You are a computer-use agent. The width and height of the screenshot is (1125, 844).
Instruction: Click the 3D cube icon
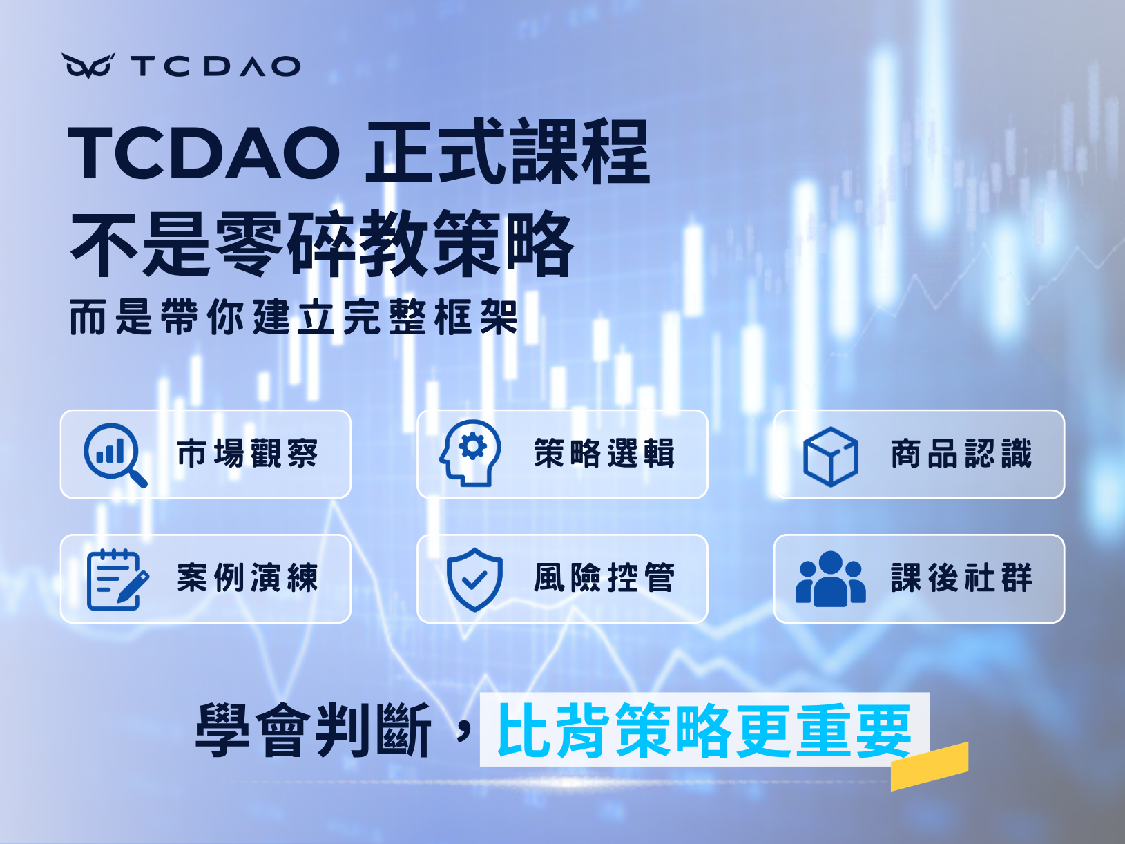(x=830, y=457)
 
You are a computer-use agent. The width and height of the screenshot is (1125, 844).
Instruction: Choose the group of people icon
(x=830, y=579)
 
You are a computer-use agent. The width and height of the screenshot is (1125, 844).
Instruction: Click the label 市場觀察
(x=247, y=454)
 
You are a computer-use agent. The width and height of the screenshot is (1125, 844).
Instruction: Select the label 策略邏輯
(x=604, y=454)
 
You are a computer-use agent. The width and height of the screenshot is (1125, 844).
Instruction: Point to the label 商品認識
(x=961, y=454)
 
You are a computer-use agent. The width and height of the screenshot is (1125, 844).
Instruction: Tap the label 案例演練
(x=247, y=577)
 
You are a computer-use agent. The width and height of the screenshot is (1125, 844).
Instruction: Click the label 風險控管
(x=604, y=577)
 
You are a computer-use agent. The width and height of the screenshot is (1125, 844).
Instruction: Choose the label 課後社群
(x=961, y=577)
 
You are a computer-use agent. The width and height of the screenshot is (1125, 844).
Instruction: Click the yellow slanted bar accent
(x=930, y=767)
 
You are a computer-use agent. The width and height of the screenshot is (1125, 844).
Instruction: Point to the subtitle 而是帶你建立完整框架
(x=294, y=317)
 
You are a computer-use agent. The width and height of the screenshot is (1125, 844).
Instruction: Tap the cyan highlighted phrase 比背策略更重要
(x=704, y=730)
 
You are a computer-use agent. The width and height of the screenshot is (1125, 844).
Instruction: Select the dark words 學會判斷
(x=313, y=730)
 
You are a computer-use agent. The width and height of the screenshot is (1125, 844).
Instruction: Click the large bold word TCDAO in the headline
(x=204, y=152)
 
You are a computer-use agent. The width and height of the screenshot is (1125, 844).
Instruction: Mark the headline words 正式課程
(x=508, y=151)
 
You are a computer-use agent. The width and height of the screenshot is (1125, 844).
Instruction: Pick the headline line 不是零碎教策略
(x=322, y=243)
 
